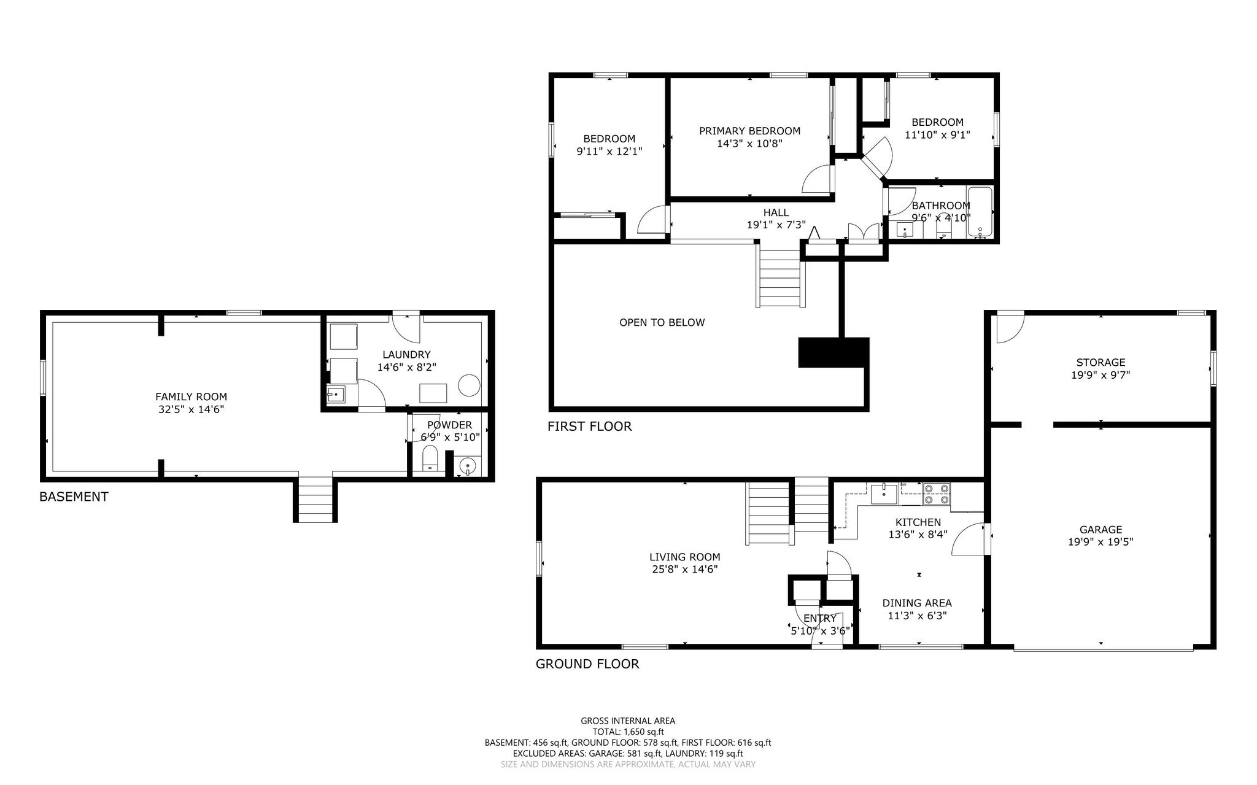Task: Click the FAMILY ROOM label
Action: (191, 397)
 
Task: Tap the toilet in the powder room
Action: (430, 458)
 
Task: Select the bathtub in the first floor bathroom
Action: (980, 212)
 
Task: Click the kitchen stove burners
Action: (937, 494)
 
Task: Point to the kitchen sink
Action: (884, 494)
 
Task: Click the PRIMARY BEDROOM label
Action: (749, 131)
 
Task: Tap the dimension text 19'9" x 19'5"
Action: (1100, 542)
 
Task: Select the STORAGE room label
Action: (1100, 362)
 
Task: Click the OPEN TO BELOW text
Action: (662, 322)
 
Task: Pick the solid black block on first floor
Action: (833, 352)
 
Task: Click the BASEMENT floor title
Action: (74, 497)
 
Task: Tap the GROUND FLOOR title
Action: (587, 663)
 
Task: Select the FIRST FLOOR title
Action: (589, 426)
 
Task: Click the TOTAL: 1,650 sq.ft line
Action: (628, 732)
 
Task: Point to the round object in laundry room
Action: (470, 385)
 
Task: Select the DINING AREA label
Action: (917, 603)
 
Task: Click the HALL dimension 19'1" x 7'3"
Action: (776, 225)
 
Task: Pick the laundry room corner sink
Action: (336, 395)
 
